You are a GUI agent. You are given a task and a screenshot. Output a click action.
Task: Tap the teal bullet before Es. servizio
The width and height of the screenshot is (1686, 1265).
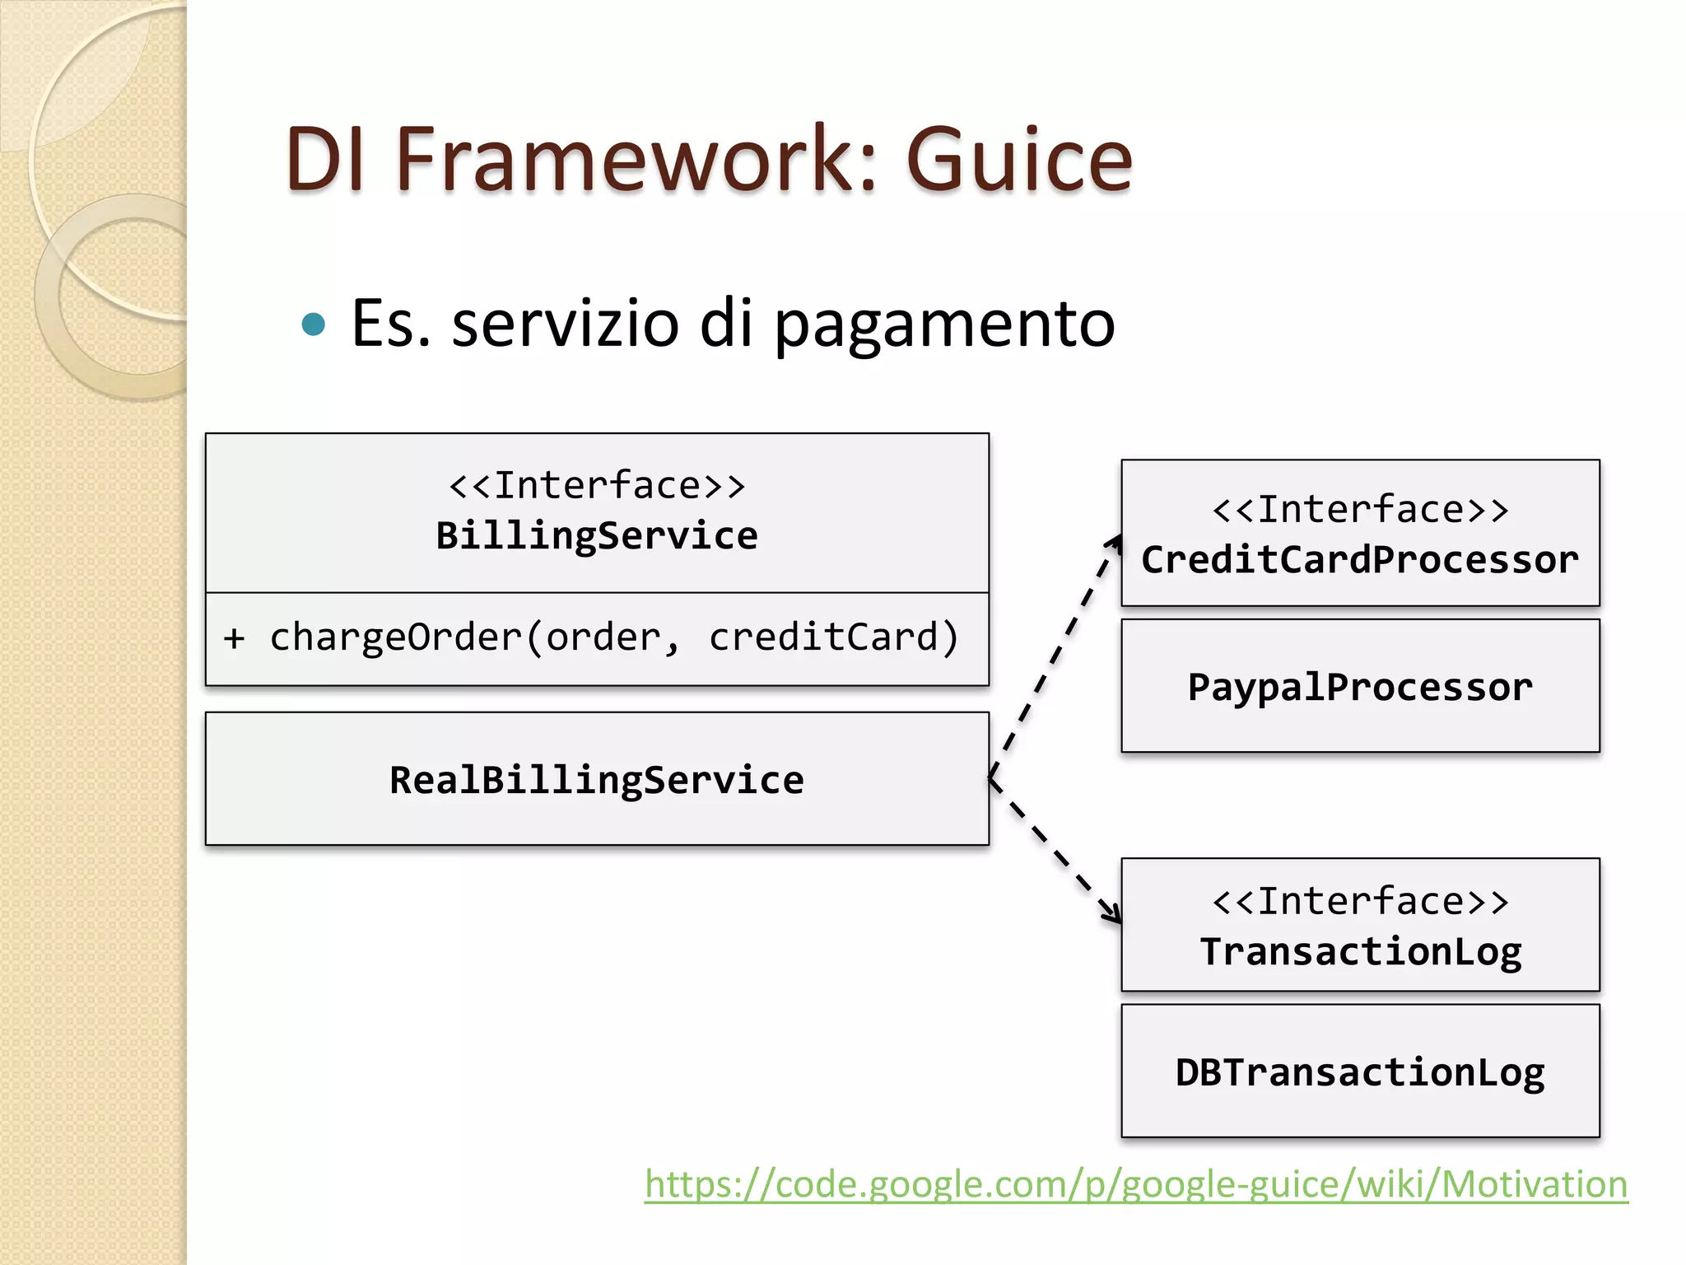(x=314, y=324)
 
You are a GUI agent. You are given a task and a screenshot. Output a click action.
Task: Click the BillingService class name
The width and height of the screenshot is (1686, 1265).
(x=596, y=536)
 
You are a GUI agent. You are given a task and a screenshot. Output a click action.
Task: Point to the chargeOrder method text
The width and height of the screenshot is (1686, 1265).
(x=395, y=637)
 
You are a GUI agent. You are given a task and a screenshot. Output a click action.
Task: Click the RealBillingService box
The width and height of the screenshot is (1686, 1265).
(x=596, y=779)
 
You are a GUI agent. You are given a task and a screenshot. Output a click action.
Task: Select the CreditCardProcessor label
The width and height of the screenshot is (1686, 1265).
(x=1360, y=560)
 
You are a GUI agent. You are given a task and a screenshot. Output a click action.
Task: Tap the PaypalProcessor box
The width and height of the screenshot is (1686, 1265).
(x=1360, y=686)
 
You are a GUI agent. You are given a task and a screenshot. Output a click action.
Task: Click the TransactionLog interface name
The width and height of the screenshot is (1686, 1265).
(x=1360, y=951)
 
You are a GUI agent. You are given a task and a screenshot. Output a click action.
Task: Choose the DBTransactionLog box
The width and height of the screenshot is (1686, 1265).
(x=1360, y=1071)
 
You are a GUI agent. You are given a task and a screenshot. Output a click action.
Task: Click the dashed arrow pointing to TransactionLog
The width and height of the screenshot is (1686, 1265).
(x=1054, y=848)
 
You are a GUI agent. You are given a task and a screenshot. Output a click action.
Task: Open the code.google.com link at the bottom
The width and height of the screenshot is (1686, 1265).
(x=1136, y=1184)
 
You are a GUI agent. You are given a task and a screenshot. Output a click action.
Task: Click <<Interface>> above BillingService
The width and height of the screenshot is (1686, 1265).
(x=596, y=485)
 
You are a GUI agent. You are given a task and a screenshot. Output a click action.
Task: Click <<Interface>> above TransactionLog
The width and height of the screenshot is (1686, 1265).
(x=1360, y=901)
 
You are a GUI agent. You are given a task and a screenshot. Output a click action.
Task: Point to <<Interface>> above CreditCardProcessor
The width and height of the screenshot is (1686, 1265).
(x=1360, y=510)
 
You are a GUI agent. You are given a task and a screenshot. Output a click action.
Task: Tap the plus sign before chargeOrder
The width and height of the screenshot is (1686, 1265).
(x=235, y=638)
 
